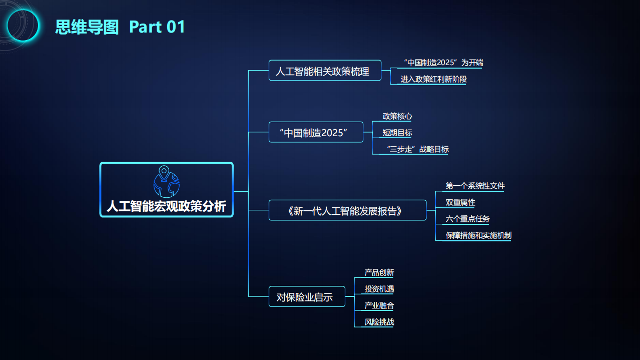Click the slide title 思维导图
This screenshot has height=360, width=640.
tap(87, 27)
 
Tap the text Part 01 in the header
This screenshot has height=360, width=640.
tap(157, 27)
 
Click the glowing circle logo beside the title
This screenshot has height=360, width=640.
tap(23, 25)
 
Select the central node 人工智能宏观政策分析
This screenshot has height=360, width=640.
tap(167, 206)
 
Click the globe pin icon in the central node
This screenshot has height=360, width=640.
tap(166, 180)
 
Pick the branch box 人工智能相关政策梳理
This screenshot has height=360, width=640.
tap(325, 71)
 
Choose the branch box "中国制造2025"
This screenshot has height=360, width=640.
tap(316, 133)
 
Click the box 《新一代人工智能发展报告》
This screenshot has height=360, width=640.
tap(347, 211)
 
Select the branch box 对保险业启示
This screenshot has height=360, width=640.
tap(307, 297)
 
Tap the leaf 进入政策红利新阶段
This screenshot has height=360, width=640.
tap(433, 79)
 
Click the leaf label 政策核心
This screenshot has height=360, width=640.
tap(397, 116)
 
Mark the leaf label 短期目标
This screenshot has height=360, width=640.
tap(397, 133)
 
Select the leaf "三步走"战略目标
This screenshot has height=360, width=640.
tap(417, 149)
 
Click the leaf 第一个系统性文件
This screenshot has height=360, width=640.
tap(475, 186)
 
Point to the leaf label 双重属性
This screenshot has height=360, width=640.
tap(460, 202)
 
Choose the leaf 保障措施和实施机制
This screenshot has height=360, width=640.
tap(478, 235)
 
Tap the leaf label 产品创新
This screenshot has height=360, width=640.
tap(379, 272)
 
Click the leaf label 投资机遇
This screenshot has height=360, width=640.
tap(379, 289)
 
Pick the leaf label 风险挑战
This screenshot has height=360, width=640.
tap(379, 322)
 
